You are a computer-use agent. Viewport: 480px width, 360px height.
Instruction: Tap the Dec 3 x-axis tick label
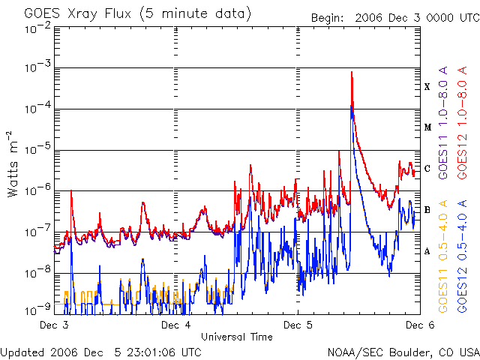54,325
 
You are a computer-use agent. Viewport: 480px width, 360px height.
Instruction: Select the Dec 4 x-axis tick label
176,325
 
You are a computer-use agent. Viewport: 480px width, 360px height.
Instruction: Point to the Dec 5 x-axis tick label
298,325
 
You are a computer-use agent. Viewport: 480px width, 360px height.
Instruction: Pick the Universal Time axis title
236,337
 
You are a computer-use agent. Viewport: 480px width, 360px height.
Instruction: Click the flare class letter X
427,87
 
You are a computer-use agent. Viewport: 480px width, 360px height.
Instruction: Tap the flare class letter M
427,127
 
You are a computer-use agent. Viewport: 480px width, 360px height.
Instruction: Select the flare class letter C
427,169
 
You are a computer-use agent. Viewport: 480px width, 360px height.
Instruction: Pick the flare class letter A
427,251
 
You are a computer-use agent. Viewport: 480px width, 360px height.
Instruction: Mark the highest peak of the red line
352,72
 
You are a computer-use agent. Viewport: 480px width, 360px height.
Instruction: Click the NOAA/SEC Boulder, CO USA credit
403,352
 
